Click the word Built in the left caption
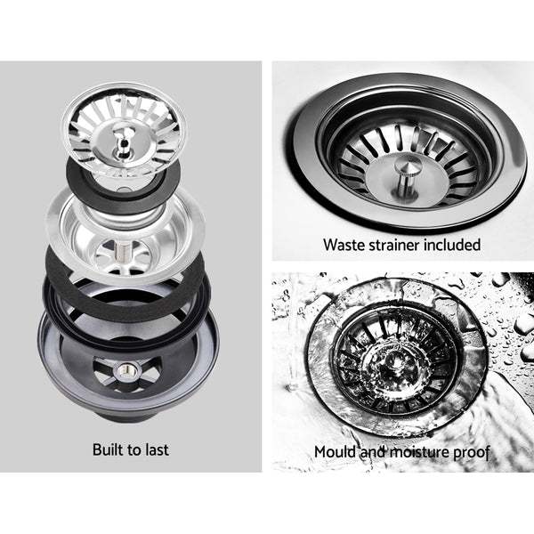point(110,449)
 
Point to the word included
point(455,244)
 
